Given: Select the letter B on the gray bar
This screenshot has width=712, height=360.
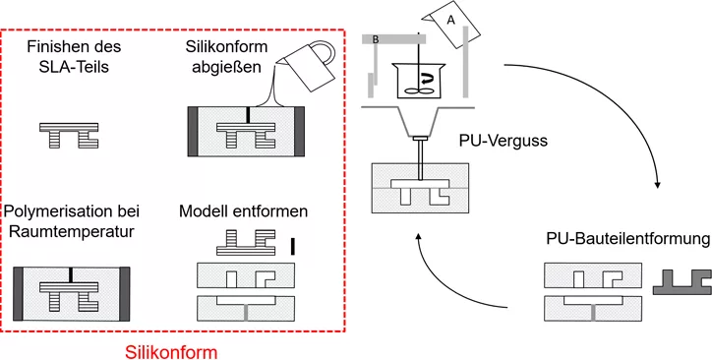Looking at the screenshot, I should pos(377,38).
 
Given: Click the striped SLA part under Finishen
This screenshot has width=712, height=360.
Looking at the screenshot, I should pos(69,135).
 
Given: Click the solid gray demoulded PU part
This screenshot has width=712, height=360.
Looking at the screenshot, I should pos(681,283).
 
